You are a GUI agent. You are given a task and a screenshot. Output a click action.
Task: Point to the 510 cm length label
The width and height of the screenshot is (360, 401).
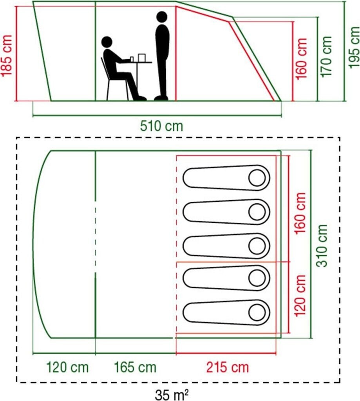pos(161,126)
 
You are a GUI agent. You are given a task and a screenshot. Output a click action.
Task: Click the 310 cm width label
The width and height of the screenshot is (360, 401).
pos(322,246)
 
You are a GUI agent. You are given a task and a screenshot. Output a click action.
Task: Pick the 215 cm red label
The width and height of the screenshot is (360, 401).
pos(227,367)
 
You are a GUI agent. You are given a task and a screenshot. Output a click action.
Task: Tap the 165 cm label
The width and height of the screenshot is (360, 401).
pos(135,367)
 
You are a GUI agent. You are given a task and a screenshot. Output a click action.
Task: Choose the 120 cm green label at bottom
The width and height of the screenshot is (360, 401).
pos(67,367)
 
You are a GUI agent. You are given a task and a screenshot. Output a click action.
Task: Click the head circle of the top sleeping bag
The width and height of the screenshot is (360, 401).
pos(257,178)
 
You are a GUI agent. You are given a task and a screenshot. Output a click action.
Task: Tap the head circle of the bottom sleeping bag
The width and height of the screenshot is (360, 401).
pos(257,312)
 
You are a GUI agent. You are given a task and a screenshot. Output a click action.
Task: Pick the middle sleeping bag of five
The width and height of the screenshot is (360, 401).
pos(226,246)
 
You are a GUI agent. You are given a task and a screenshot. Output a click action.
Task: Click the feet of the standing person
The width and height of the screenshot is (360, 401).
pos(161,98)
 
